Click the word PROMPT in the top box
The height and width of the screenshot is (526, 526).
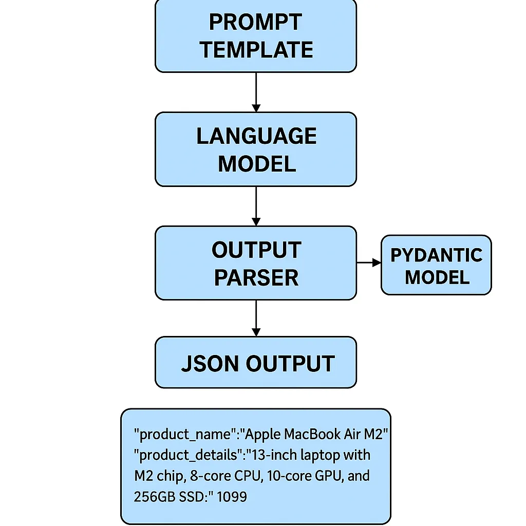coord(255,22)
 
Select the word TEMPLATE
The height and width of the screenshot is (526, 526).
coord(256,50)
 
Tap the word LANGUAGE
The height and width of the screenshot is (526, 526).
coord(256,136)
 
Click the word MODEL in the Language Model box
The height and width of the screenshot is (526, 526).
coord(257,164)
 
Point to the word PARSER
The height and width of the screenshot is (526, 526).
coord(256,278)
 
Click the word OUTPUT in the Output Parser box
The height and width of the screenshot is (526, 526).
coord(256,250)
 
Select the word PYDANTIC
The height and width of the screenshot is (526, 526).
coord(436,255)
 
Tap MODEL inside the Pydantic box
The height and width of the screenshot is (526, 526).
coord(437,277)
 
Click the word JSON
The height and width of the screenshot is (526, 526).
coord(210,363)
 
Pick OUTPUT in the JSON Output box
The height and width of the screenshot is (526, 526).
coord(290,363)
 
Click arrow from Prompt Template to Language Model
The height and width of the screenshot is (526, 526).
coord(256,92)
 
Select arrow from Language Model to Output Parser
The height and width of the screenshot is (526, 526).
coord(256,205)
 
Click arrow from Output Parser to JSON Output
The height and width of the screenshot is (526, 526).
coord(256,318)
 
